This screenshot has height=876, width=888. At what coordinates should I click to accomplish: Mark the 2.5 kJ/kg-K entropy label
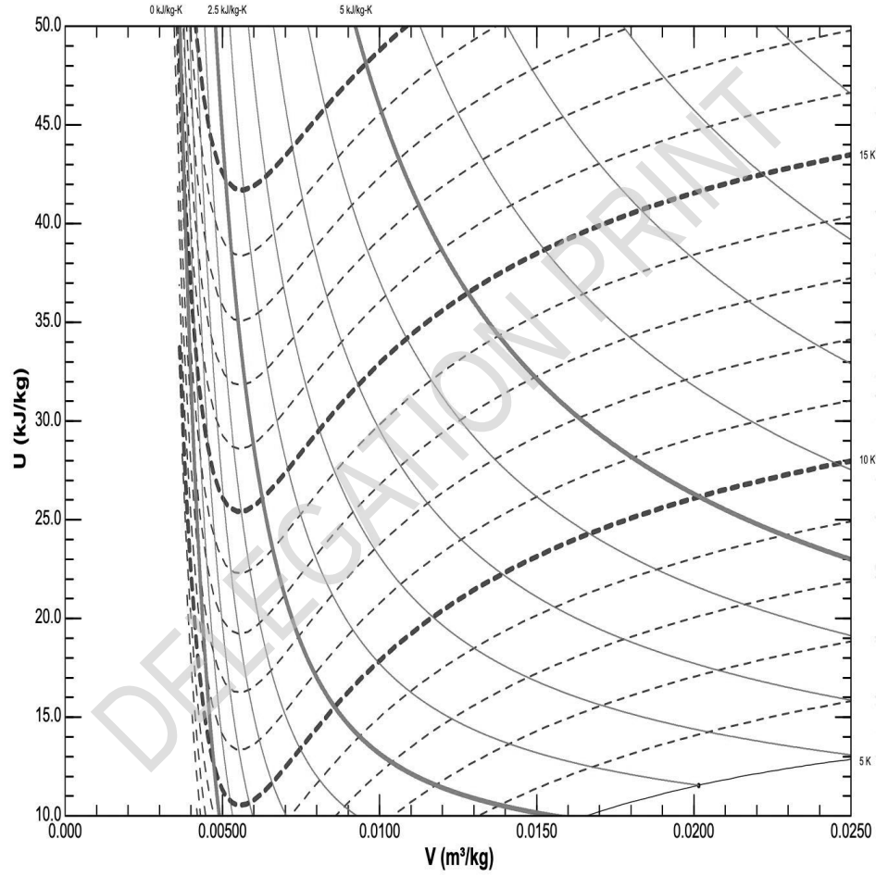click(227, 11)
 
